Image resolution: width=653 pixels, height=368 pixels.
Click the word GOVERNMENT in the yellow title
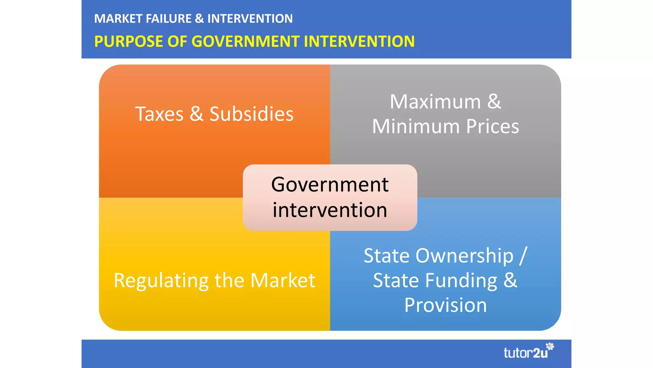pyautogui.click(x=246, y=42)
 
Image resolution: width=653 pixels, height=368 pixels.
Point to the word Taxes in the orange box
pyautogui.click(x=159, y=114)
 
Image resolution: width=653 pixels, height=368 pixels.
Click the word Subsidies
pyautogui.click(x=251, y=114)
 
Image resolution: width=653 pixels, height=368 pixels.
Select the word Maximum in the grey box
pyautogui.click(x=435, y=102)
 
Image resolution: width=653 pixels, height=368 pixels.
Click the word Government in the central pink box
pyautogui.click(x=330, y=185)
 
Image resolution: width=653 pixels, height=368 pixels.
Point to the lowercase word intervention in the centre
pyautogui.click(x=330, y=210)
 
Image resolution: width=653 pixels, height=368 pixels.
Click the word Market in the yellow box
pyautogui.click(x=282, y=280)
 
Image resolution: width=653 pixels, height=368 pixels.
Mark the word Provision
pyautogui.click(x=445, y=305)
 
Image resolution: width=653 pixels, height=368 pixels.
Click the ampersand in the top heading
pyautogui.click(x=199, y=19)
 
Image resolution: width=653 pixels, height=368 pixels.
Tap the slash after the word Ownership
pyautogui.click(x=523, y=256)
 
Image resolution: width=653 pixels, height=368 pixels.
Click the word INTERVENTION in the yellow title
pyautogui.click(x=359, y=42)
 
